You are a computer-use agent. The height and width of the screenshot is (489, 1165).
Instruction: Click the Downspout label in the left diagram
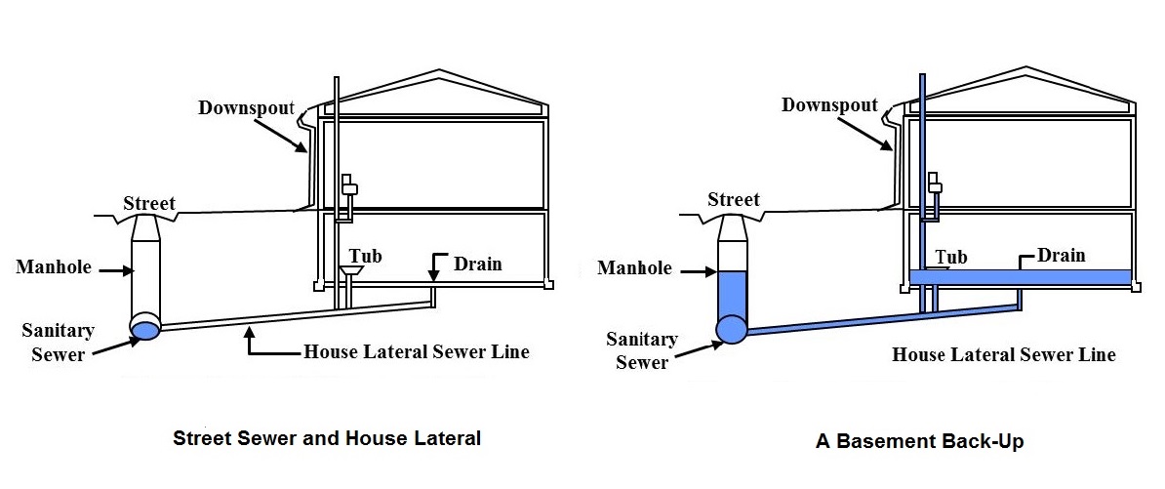[x=246, y=106]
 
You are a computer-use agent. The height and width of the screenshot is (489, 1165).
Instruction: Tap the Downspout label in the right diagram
[x=829, y=104]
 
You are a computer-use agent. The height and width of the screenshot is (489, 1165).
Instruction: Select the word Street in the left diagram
[x=149, y=204]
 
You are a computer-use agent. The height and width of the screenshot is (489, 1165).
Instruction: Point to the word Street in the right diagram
[x=734, y=200]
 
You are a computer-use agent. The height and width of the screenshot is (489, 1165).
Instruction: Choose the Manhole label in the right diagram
[x=635, y=267]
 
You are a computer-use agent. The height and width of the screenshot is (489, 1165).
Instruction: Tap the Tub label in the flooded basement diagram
[x=950, y=257]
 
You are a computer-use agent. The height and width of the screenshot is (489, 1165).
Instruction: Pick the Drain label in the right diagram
[x=1061, y=256]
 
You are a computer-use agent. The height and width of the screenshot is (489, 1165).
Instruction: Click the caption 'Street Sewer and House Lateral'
[x=327, y=438]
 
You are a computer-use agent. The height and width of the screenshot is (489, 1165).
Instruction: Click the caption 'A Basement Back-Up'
[x=919, y=442]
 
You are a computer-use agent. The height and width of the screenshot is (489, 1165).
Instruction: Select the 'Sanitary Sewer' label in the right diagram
[x=641, y=350]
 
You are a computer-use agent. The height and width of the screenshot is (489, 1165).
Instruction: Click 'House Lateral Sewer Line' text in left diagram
[x=417, y=351]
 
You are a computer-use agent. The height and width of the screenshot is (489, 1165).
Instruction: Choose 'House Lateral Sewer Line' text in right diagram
[x=1003, y=354]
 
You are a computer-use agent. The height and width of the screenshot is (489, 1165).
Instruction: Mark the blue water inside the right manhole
[x=732, y=293]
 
